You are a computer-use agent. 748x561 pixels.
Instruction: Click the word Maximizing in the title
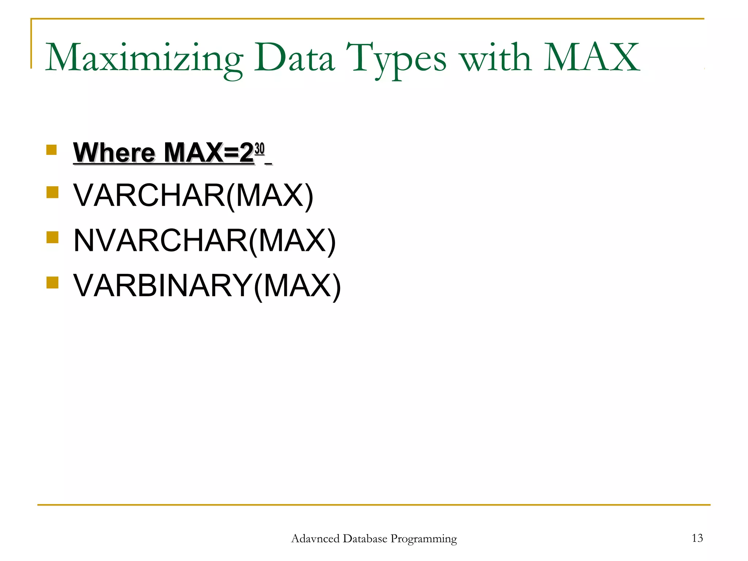[x=144, y=58]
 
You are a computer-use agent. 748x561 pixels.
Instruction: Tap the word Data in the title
[x=294, y=58]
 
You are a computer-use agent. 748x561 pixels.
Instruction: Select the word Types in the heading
[x=396, y=58]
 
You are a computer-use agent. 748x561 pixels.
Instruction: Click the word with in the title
[x=495, y=58]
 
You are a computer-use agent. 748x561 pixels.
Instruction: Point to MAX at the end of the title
[x=592, y=58]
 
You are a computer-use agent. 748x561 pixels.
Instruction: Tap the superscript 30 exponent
[x=259, y=149]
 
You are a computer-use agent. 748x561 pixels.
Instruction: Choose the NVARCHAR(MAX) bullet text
[x=205, y=241]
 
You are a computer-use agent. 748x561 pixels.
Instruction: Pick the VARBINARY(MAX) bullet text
[x=207, y=286]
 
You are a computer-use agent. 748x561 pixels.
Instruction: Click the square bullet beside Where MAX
[x=51, y=150]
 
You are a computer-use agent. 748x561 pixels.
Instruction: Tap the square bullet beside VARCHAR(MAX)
[x=53, y=192]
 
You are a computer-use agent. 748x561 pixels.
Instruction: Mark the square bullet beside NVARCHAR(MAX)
[x=53, y=237]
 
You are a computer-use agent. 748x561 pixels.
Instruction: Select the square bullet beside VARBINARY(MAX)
[x=53, y=282]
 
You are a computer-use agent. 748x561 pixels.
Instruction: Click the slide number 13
[x=697, y=538]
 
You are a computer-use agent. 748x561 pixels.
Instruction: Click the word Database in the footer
[x=365, y=539]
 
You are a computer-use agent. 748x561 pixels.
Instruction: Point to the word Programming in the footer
[x=424, y=539]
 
